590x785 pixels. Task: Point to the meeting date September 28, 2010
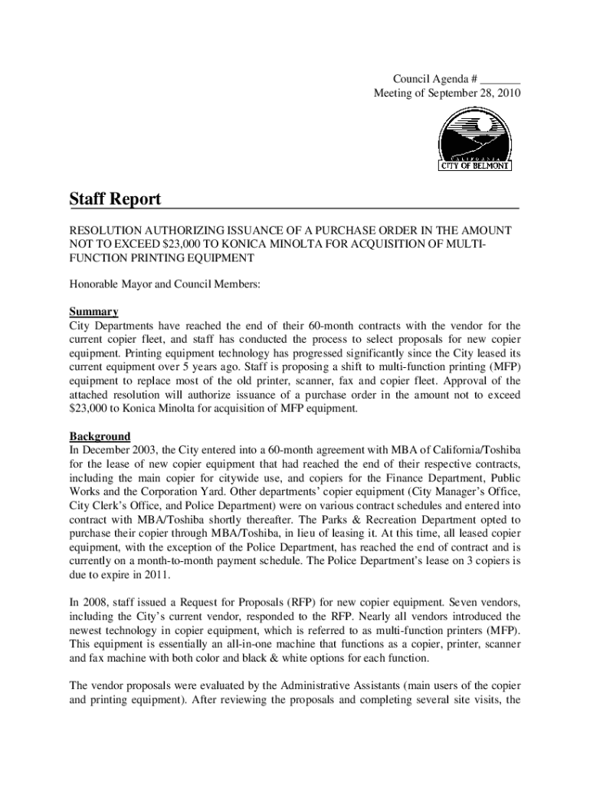coord(474,94)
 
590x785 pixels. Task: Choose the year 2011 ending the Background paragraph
coord(146,576)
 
